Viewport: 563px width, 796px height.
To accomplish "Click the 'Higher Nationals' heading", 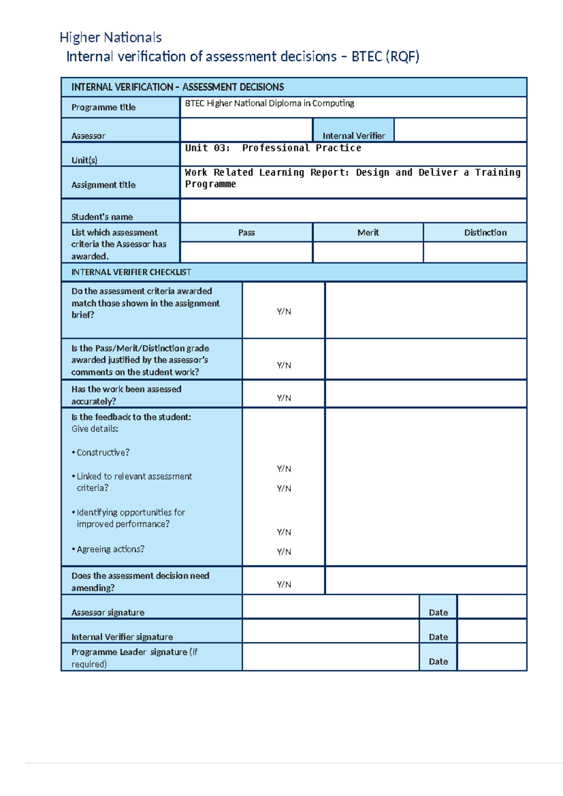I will tap(111, 38).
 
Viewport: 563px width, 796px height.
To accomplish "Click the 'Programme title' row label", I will tap(103, 107).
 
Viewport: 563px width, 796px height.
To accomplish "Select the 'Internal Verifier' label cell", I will tap(353, 136).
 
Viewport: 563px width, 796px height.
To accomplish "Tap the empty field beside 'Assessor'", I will tap(246, 130).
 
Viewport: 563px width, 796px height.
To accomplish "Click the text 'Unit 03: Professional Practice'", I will tap(273, 148).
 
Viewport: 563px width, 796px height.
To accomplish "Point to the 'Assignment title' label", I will tap(103, 185).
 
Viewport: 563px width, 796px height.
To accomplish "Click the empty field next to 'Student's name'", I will tap(353, 211).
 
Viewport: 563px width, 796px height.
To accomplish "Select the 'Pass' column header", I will tap(246, 233).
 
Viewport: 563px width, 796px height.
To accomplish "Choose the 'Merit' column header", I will tap(368, 233).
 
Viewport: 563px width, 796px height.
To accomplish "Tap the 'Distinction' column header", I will tap(485, 233).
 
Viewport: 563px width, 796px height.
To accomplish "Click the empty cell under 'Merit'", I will tap(368, 253).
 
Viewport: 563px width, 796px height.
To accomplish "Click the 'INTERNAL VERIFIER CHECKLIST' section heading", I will tap(131, 272).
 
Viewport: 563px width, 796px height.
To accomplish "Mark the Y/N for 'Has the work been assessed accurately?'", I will tap(284, 398).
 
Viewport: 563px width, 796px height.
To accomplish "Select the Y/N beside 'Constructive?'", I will tap(284, 469).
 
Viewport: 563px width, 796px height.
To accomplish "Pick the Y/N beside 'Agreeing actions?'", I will tap(284, 552).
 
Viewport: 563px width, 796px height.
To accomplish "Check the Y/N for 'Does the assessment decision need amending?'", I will tap(284, 585).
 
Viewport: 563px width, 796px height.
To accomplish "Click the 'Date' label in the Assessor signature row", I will tap(438, 612).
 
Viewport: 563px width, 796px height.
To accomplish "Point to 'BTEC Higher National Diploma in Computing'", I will tap(269, 103).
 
